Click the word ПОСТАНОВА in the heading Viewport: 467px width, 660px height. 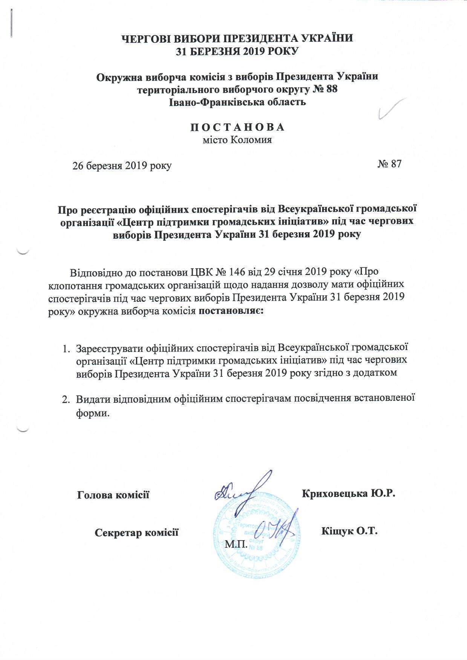[x=237, y=127]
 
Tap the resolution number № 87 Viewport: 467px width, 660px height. [x=389, y=164]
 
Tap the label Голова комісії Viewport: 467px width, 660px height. [x=113, y=495]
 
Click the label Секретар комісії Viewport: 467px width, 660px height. [x=136, y=532]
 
